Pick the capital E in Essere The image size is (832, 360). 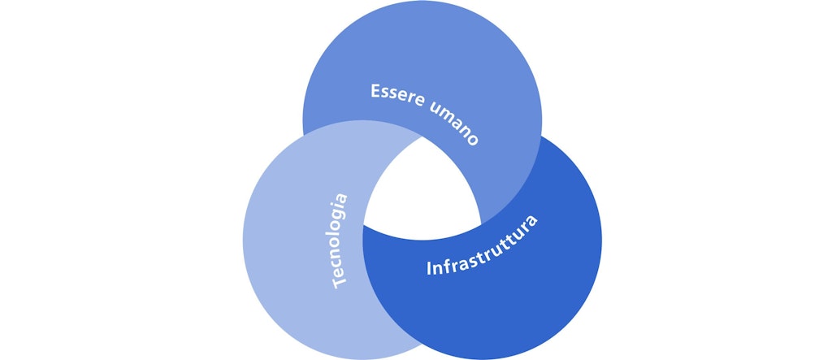click(x=377, y=91)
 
